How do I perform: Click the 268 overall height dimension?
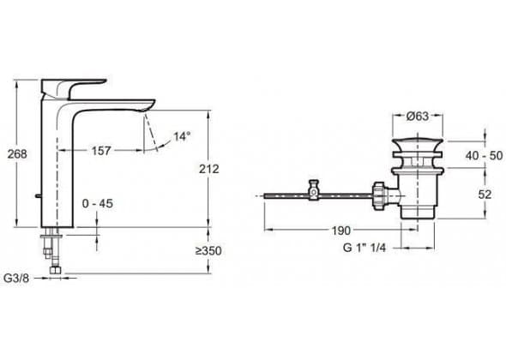tap(17, 154)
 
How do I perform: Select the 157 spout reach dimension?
tap(101, 151)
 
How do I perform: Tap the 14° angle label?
tap(182, 136)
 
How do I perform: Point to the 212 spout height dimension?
tap(209, 169)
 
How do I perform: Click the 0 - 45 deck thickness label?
tap(98, 203)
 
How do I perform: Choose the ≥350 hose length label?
tap(208, 250)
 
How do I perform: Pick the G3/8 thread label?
tap(16, 278)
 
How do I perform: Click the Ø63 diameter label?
tap(418, 116)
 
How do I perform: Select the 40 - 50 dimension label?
tap(484, 155)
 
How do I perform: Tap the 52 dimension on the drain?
tap(485, 195)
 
